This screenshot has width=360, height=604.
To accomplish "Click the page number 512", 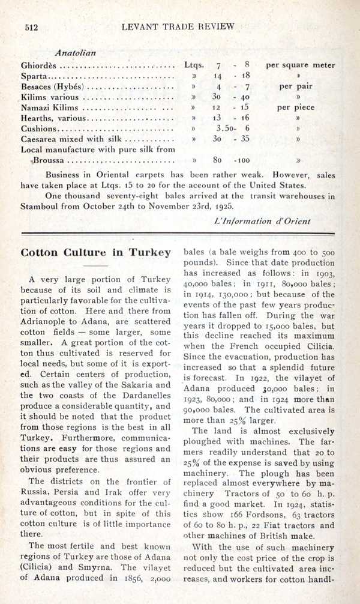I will point(30,27).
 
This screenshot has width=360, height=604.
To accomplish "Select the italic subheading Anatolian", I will point(76,52).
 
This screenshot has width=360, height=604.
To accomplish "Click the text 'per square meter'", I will point(301,65).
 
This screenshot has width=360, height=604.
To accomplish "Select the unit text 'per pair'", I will point(296,86).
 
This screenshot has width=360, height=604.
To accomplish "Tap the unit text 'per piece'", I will point(296,108).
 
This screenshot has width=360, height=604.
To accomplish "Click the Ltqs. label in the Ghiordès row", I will point(194,65).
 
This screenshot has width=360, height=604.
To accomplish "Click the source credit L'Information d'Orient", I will point(262,220).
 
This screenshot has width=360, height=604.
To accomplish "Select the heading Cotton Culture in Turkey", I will point(96,252).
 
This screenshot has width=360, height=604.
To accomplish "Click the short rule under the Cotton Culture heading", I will point(95,266).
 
